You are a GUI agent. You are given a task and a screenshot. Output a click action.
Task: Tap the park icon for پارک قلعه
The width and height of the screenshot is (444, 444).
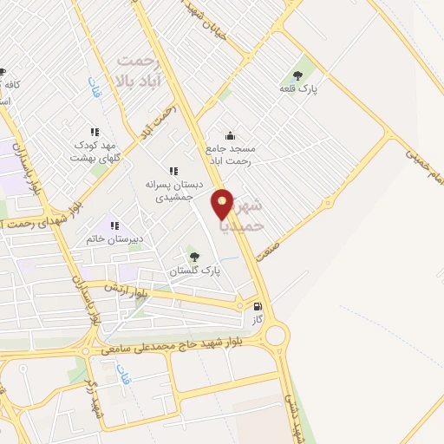pyautogui.click(x=300, y=75)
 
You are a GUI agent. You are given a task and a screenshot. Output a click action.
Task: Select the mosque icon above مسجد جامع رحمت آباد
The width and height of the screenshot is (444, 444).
pyautogui.click(x=230, y=134)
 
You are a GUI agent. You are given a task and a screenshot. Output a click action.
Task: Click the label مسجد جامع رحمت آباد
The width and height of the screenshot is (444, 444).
pyautogui.click(x=230, y=154)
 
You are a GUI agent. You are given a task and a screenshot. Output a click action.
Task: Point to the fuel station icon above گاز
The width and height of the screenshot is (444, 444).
pyautogui.click(x=258, y=306)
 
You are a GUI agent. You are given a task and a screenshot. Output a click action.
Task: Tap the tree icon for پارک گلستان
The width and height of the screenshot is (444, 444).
pyautogui.click(x=195, y=255)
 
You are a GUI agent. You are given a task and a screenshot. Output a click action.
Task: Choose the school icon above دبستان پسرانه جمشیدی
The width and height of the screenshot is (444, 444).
pyautogui.click(x=173, y=171)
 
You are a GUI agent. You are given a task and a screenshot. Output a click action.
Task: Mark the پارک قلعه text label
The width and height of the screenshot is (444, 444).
pyautogui.click(x=300, y=89)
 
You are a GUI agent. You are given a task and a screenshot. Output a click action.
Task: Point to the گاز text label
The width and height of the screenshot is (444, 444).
pyautogui.click(x=258, y=321)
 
